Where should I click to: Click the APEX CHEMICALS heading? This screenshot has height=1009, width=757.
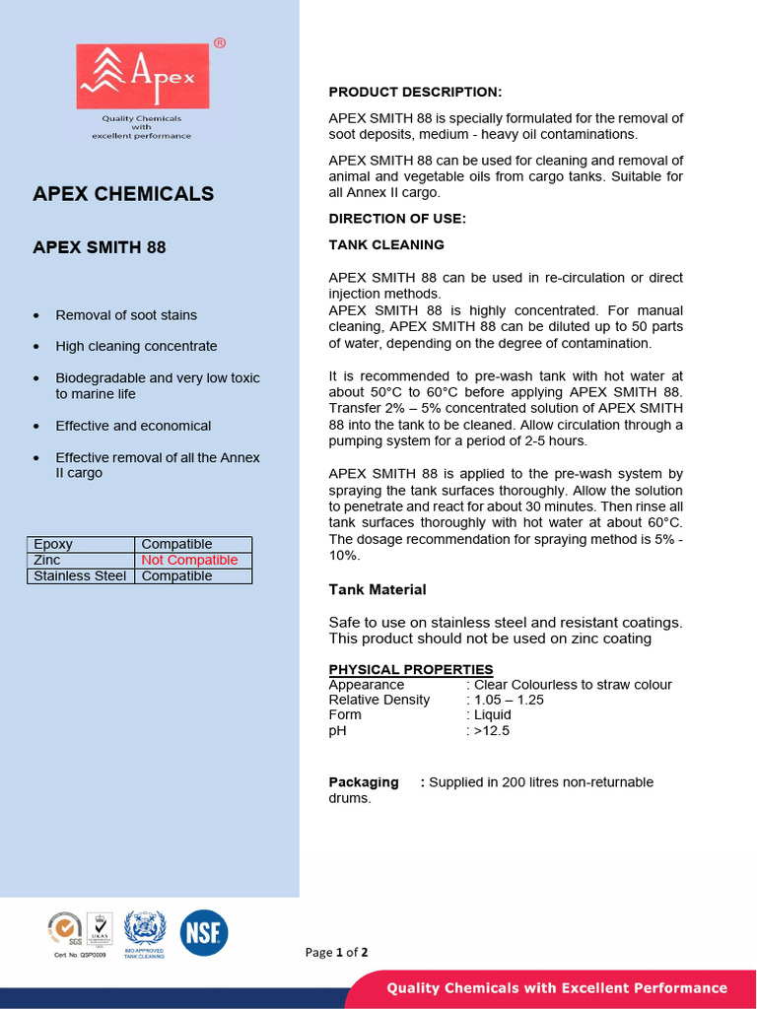(123, 194)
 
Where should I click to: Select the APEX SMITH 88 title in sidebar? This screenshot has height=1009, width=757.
(100, 247)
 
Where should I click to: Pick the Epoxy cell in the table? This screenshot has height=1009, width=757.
(54, 544)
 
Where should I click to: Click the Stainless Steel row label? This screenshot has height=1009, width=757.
(80, 575)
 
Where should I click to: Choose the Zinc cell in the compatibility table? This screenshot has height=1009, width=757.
(47, 560)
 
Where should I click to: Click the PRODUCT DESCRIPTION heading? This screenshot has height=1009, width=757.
(415, 93)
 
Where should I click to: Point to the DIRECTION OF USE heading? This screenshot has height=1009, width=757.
(397, 218)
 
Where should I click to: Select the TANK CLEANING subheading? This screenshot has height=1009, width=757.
(386, 244)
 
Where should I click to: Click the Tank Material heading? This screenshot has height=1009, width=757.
(378, 589)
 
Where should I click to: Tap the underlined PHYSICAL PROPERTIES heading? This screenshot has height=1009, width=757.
(411, 669)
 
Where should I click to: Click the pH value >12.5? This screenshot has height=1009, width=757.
(491, 731)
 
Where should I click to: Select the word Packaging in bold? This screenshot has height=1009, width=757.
(364, 782)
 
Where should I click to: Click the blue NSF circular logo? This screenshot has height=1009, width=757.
(204, 932)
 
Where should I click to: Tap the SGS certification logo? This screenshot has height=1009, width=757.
(64, 930)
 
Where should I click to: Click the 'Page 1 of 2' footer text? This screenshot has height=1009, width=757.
(336, 952)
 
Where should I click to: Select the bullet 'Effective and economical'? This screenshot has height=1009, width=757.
(133, 426)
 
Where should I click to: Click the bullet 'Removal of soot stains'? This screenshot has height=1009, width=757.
(126, 315)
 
